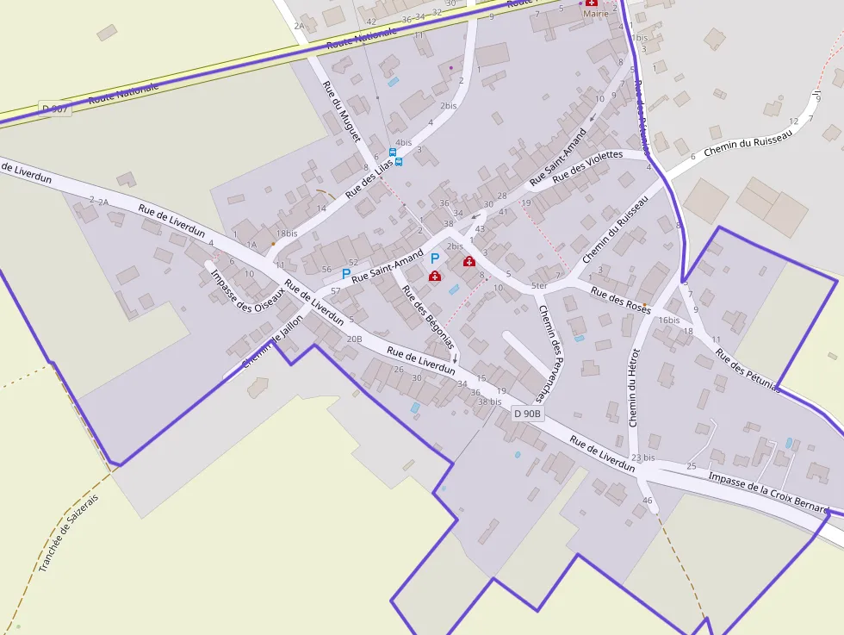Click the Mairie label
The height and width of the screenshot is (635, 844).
595,14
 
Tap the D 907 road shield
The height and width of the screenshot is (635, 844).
53,109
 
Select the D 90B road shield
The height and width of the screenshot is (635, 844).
527,414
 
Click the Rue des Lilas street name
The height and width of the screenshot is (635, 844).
369,177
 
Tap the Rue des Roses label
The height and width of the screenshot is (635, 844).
620,298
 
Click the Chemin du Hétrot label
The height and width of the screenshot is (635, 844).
636,388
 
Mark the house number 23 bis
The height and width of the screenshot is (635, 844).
642,458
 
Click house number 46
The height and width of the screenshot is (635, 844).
648,501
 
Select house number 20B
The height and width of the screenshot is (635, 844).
354,339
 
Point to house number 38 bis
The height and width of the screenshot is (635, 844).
489,402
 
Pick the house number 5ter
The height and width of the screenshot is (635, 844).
539,286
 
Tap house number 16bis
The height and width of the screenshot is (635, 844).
669,320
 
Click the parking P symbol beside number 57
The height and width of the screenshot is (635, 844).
346,274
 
